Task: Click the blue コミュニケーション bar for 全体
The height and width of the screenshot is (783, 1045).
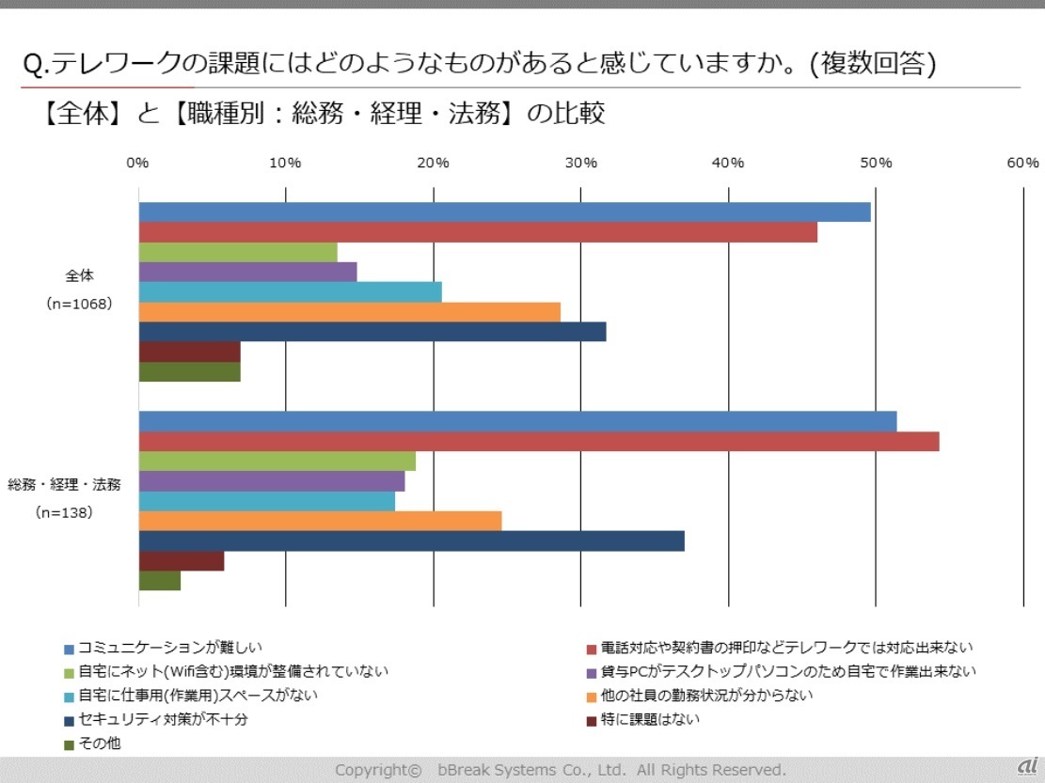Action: pyautogui.click(x=504, y=212)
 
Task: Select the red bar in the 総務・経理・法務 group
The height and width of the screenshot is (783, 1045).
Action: pyautogui.click(x=539, y=441)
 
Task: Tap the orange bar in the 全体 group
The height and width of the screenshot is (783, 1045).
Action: pyautogui.click(x=350, y=312)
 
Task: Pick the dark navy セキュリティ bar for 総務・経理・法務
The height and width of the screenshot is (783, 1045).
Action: pyautogui.click(x=411, y=540)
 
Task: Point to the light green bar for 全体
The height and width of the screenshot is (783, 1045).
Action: pyautogui.click(x=238, y=252)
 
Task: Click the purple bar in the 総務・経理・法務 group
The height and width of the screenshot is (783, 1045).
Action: pyautogui.click(x=272, y=481)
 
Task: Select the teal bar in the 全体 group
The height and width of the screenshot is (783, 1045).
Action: pyautogui.click(x=291, y=292)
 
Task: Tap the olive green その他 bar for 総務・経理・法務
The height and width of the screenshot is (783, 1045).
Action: pyautogui.click(x=160, y=581)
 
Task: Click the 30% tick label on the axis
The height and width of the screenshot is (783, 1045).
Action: pyautogui.click(x=580, y=163)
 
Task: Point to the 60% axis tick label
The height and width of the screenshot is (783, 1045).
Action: pyautogui.click(x=1022, y=163)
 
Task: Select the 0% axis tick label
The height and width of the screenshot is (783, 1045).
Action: pyautogui.click(x=138, y=163)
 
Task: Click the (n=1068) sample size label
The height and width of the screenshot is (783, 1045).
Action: pyautogui.click(x=79, y=304)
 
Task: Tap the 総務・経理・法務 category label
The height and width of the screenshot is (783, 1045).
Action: pyautogui.click(x=64, y=485)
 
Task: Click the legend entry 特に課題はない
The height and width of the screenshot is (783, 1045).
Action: pyautogui.click(x=650, y=719)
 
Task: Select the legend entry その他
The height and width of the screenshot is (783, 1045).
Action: pyautogui.click(x=99, y=744)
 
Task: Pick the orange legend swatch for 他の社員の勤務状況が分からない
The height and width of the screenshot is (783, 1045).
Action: pyautogui.click(x=591, y=697)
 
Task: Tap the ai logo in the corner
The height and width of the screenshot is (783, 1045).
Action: pyautogui.click(x=1026, y=764)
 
